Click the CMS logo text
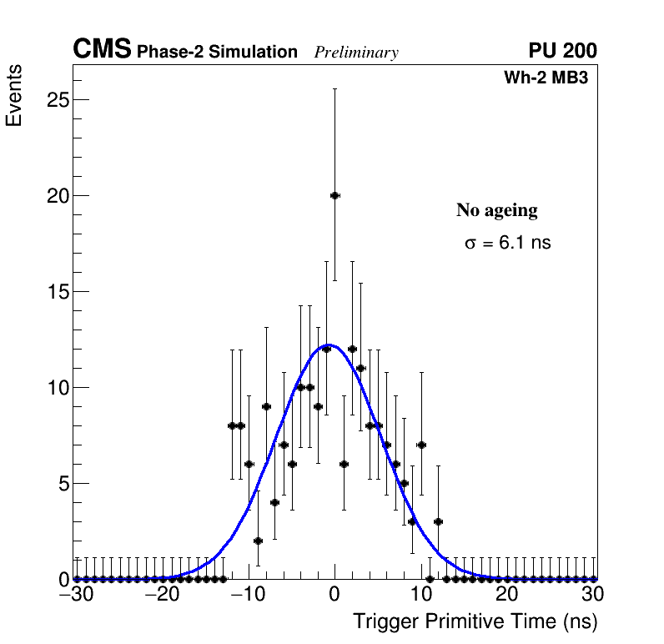click(102, 50)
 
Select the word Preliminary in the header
click(356, 53)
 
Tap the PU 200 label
click(562, 51)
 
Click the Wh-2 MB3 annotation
click(546, 78)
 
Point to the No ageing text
click(496, 210)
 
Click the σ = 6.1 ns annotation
click(507, 244)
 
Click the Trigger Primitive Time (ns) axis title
click(475, 621)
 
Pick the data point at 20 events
click(335, 195)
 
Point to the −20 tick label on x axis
click(161, 595)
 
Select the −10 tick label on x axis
click(248, 595)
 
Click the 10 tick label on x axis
click(421, 595)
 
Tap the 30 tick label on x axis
click(592, 595)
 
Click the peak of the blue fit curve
click(329, 345)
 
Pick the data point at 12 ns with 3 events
click(438, 521)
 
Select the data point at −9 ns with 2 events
click(258, 541)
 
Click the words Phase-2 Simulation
click(217, 53)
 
